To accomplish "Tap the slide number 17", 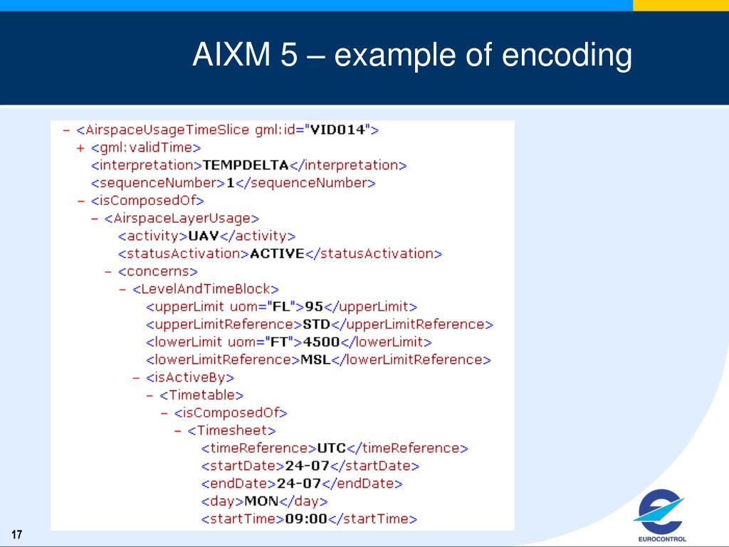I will click(x=17, y=535).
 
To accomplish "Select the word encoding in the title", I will click(x=567, y=56).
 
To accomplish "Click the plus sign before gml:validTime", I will click(x=80, y=148).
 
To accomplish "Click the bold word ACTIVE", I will click(x=277, y=254).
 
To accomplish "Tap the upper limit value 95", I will click(x=314, y=307).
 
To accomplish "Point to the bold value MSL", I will click(x=316, y=360).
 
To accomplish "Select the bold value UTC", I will click(x=331, y=448).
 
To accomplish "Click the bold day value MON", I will click(x=261, y=501).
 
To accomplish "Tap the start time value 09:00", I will click(x=305, y=519).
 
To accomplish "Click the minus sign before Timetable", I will click(x=150, y=395).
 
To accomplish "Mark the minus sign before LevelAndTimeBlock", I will click(x=122, y=289).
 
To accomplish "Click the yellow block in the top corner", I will click(x=681, y=6).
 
